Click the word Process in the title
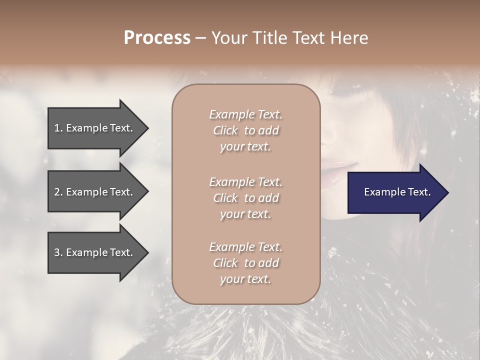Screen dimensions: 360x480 [157, 38]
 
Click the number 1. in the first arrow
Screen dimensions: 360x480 [58, 128]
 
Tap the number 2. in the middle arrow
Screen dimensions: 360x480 [58, 192]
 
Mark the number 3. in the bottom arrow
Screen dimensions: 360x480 [58, 252]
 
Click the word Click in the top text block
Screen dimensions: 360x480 [225, 131]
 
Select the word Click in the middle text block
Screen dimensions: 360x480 [225, 198]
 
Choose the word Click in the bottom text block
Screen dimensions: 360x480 [225, 263]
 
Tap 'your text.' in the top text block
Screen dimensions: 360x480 [245, 147]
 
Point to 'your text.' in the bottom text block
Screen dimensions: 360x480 [245, 279]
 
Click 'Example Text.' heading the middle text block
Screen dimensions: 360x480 [245, 182]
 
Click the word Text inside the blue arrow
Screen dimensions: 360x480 [419, 192]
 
